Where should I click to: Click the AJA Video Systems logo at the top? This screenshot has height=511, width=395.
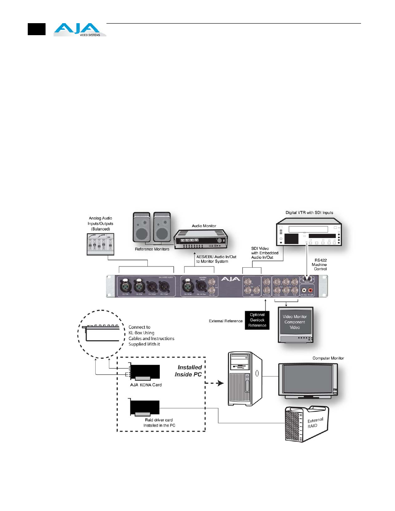coord(79,29)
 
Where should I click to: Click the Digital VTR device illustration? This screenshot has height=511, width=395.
coord(309,234)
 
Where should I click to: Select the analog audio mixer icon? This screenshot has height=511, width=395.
coord(101,244)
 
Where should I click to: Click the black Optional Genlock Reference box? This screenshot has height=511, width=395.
coord(257,320)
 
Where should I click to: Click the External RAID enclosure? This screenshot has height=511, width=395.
coord(307,424)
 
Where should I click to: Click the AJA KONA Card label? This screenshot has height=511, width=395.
coord(146,385)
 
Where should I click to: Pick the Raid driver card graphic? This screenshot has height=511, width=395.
coord(145,408)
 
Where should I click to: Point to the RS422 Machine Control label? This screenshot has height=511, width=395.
coord(319,265)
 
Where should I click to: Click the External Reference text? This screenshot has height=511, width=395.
coord(226,321)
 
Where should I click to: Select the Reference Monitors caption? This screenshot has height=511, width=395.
coord(152,249)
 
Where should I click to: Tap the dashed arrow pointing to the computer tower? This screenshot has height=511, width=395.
coord(214,383)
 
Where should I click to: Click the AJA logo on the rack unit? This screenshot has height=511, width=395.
coord(230,279)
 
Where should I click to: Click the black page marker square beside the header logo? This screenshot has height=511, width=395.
coord(36,29)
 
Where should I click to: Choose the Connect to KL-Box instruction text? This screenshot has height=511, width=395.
coord(151,336)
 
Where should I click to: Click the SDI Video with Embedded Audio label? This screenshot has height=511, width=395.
coord(265,253)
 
